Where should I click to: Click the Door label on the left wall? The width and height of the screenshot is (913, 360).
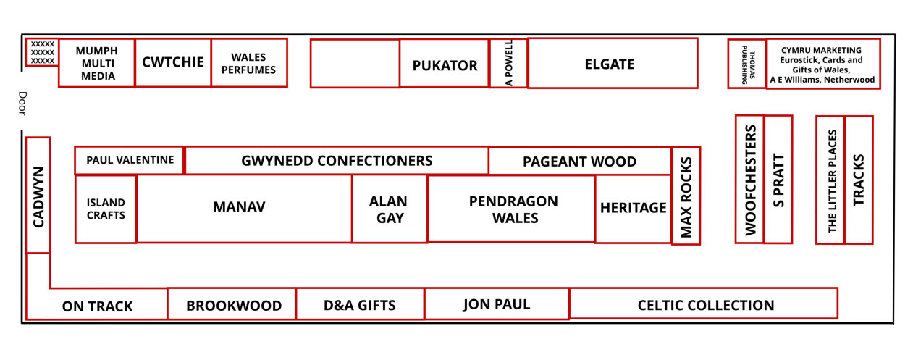pos(22,104)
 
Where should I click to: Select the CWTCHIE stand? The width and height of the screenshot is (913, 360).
pos(173,63)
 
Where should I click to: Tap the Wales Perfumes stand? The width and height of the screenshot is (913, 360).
pos(249,63)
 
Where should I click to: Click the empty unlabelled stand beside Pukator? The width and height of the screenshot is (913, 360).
pos(355,63)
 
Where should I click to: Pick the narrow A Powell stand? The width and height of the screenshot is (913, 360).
pos(508,63)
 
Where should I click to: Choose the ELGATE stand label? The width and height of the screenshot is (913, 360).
pos(610,64)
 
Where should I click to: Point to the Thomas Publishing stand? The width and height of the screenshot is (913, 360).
pos(747,64)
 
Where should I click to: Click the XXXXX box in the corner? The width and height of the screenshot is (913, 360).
pos(43,52)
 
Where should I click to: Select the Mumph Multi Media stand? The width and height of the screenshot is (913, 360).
pos(96,63)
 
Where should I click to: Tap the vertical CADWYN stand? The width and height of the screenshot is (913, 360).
pos(38,196)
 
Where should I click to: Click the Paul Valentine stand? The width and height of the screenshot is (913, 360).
pos(129,160)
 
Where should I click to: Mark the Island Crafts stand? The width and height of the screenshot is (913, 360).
pos(106,209)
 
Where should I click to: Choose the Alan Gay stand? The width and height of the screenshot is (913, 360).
pos(390,209)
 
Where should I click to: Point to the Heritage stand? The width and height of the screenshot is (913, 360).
pos(633,209)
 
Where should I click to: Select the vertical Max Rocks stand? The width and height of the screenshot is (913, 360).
pos(686,196)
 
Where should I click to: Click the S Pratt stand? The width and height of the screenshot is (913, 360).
pos(778,180)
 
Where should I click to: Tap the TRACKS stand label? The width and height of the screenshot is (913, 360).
pos(859,180)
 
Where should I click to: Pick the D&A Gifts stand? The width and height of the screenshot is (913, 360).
pos(360,304)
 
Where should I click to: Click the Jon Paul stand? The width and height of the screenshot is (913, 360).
pos(497,304)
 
